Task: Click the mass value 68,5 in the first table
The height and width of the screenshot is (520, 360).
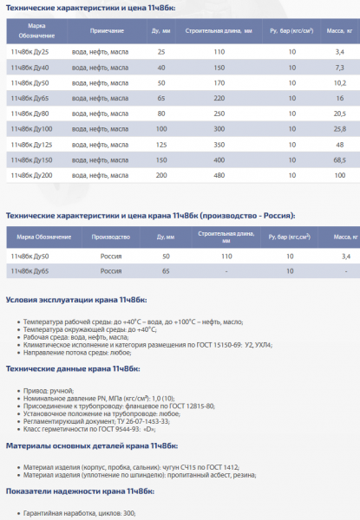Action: point(339,160)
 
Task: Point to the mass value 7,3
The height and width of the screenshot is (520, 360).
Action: point(339,68)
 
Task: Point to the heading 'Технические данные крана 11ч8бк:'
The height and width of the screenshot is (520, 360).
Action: point(69,368)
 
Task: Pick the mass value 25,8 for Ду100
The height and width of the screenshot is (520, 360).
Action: point(339,129)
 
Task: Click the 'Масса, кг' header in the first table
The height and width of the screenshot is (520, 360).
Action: point(338,32)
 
